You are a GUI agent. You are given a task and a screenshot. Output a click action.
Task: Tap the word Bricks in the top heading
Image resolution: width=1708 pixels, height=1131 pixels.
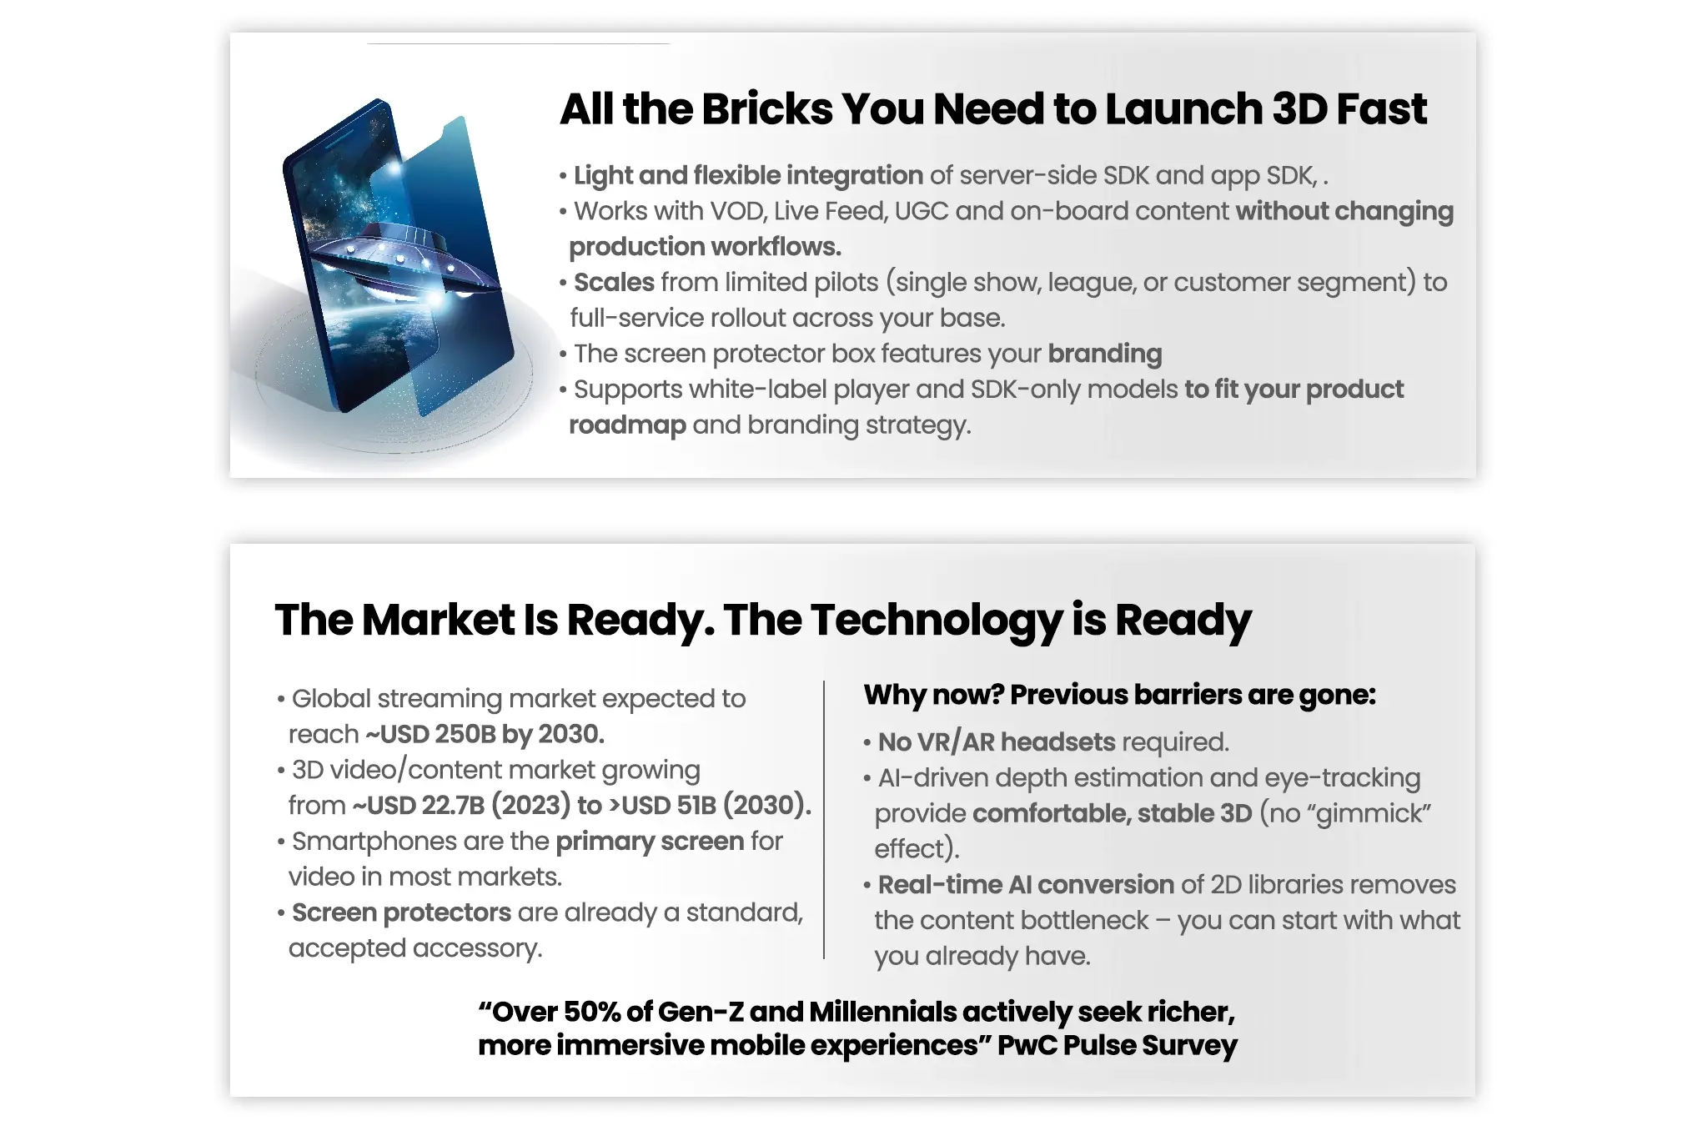click(x=766, y=109)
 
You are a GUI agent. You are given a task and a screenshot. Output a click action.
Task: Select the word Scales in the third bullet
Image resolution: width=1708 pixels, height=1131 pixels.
click(x=614, y=282)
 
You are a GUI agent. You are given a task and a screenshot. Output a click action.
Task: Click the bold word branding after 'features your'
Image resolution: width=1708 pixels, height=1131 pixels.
click(x=1105, y=354)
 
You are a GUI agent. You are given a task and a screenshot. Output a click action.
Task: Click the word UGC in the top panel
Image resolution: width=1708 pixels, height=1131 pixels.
click(x=922, y=211)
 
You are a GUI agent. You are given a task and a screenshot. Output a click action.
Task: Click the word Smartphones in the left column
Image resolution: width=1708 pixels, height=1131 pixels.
click(x=374, y=842)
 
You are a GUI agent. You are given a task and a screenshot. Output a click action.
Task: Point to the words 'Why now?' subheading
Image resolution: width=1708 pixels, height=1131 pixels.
click(x=933, y=695)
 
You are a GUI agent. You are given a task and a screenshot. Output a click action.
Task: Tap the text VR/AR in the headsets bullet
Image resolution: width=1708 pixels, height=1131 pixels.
click(x=955, y=741)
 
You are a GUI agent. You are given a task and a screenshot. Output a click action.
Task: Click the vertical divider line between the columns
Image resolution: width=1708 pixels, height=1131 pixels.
click(x=824, y=820)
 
